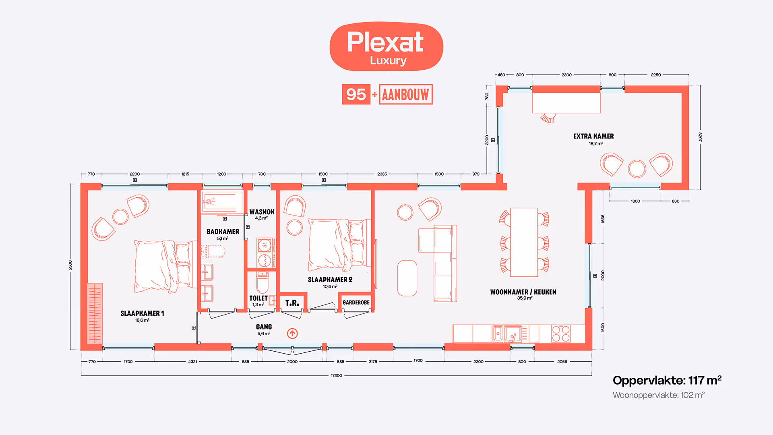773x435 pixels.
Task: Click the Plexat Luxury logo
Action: tap(386, 47)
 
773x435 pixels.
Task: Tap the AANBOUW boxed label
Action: tap(405, 95)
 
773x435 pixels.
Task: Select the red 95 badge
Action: tap(356, 95)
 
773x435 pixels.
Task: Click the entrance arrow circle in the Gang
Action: tap(292, 333)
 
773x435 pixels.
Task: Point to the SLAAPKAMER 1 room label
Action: tap(142, 313)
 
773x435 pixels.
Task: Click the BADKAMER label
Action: tap(223, 232)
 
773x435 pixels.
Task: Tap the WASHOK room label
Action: tap(262, 212)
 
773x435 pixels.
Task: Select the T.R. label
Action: tap(292, 303)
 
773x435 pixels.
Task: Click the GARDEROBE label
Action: tap(356, 302)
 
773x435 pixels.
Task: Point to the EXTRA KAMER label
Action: tap(593, 136)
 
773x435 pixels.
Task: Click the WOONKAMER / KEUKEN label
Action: tap(523, 292)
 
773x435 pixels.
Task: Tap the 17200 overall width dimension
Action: tap(337, 375)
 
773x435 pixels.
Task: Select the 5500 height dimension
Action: tap(70, 265)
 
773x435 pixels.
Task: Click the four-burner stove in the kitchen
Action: tap(561, 333)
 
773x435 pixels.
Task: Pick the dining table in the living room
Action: tap(524, 242)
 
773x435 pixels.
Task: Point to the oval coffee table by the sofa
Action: tap(407, 278)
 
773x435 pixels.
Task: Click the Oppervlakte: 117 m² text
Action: tap(667, 380)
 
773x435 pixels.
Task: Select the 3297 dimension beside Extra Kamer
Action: tap(700, 137)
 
